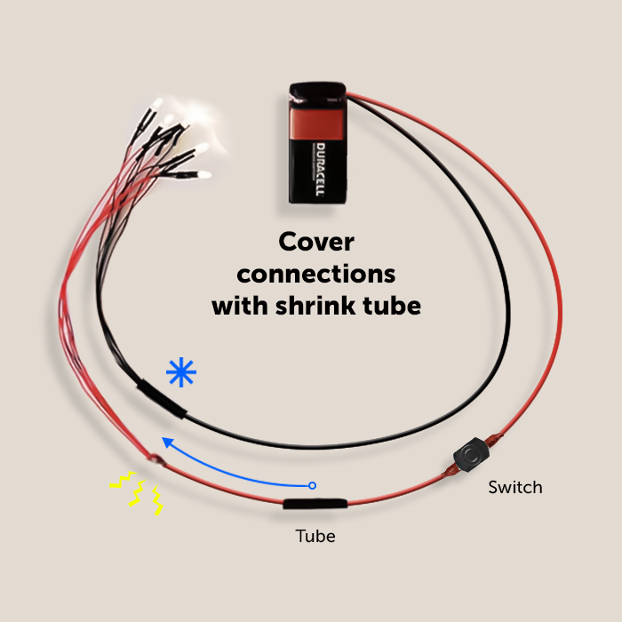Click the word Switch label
pyautogui.click(x=514, y=487)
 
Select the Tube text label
pyautogui.click(x=315, y=537)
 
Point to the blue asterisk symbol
pyautogui.click(x=182, y=373)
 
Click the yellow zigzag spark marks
pyautogui.click(x=136, y=491)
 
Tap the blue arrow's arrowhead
pyautogui.click(x=164, y=438)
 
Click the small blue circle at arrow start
pyautogui.click(x=311, y=485)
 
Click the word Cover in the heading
pyautogui.click(x=315, y=242)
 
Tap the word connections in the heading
pyautogui.click(x=315, y=273)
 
